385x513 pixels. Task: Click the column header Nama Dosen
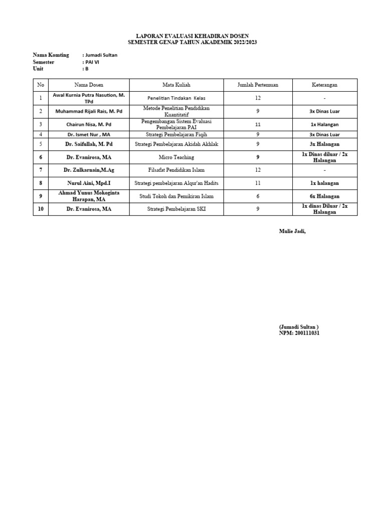click(89, 85)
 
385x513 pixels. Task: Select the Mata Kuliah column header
click(176, 85)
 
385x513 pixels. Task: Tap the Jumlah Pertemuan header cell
click(258, 85)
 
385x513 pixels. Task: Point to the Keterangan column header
click(324, 85)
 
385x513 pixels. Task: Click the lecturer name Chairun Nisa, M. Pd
click(89, 124)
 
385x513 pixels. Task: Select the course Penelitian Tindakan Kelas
click(176, 98)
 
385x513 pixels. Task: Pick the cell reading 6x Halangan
click(324, 196)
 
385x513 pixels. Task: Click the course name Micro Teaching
click(176, 157)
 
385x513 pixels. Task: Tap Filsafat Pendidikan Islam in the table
click(176, 170)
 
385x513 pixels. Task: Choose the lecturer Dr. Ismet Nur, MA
click(89, 134)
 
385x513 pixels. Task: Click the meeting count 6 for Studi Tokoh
click(258, 196)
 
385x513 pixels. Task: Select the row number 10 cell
click(41, 209)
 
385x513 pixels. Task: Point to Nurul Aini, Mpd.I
click(89, 183)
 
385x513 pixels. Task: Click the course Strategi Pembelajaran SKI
click(176, 209)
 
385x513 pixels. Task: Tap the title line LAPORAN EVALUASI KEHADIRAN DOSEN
click(192, 37)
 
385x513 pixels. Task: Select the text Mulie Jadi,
click(292, 231)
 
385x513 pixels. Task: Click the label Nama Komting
click(51, 55)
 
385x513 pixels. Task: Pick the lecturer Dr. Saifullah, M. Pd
click(89, 144)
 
